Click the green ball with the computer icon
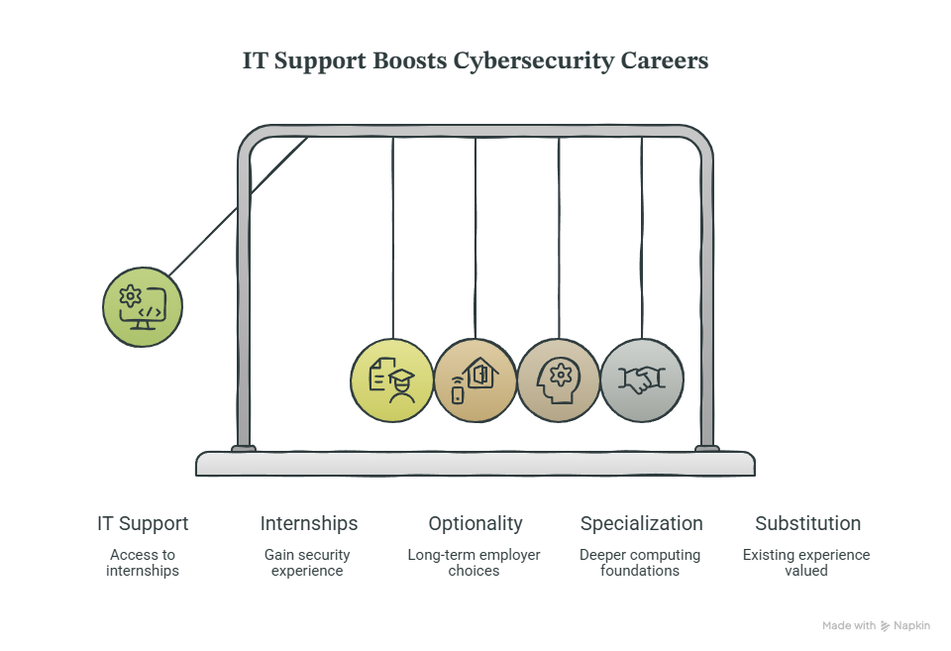[x=143, y=307]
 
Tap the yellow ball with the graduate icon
[x=392, y=380]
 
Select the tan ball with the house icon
[x=475, y=380]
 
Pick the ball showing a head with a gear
[x=559, y=380]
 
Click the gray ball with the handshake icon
[x=642, y=380]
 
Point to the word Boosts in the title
[x=409, y=60]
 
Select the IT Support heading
[x=143, y=523]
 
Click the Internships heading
[x=309, y=523]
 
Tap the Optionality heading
[x=475, y=523]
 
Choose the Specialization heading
[x=642, y=523]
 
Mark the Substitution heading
[x=808, y=523]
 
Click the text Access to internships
[x=143, y=563]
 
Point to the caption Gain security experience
[x=307, y=563]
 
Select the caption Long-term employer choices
[x=474, y=563]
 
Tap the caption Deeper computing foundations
[x=640, y=563]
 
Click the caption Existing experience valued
[x=806, y=563]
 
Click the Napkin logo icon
[x=886, y=626]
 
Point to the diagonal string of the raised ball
[x=239, y=207]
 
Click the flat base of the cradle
[x=475, y=464]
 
